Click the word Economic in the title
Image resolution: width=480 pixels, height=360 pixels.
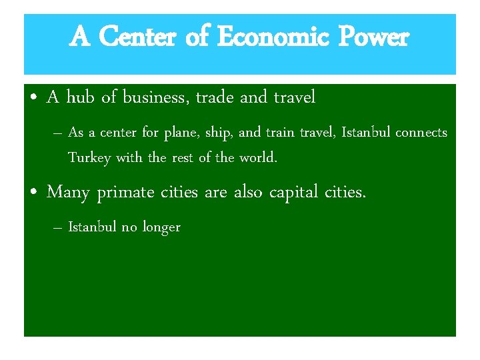pos(273,37)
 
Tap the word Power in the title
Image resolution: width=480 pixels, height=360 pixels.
pos(373,37)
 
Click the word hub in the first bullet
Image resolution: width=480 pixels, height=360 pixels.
pos(80,98)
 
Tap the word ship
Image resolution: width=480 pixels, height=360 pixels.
pos(219,133)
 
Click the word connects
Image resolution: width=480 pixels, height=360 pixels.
pos(421,133)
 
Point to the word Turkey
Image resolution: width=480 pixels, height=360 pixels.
pos(90,159)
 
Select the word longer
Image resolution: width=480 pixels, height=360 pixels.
pos(161,227)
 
